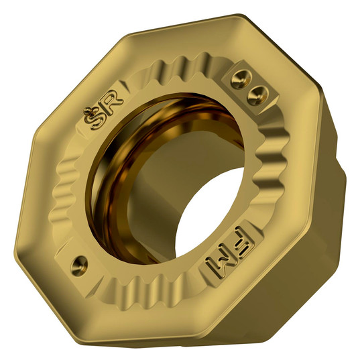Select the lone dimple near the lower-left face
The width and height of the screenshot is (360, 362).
[78, 261]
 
